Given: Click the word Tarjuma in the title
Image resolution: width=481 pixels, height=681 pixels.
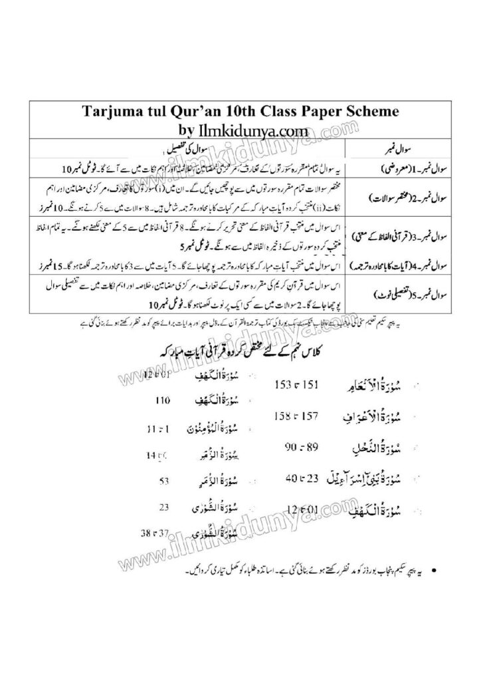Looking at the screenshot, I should [x=116, y=110].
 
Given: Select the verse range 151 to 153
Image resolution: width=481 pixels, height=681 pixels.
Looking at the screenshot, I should [x=292, y=385].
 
